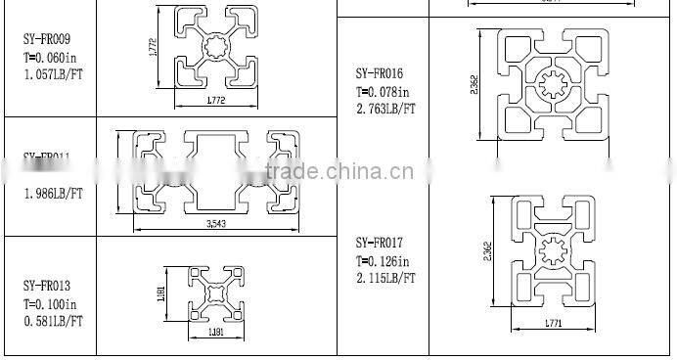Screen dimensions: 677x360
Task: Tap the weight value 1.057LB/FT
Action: [53, 73]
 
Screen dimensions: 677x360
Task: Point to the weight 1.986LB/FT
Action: [53, 194]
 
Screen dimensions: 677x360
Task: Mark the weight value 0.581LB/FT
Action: [53, 320]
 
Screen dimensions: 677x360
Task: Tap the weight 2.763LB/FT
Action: [385, 110]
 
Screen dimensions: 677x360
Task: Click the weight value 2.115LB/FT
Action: [385, 278]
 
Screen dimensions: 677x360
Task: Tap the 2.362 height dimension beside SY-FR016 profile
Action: [474, 86]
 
